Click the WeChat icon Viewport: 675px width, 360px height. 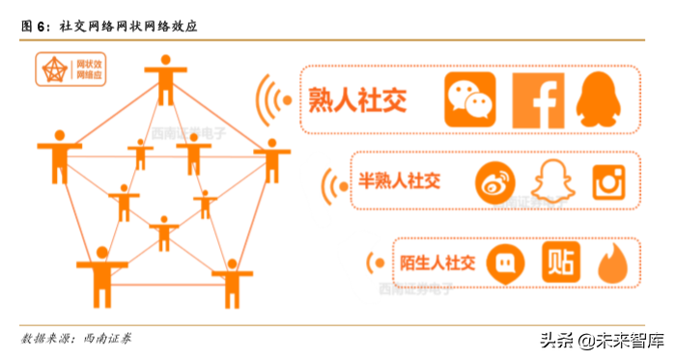coord(469,99)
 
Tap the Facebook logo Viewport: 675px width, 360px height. coord(537,99)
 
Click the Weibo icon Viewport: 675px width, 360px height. coord(494,181)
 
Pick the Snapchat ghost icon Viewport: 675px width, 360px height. coord(551,181)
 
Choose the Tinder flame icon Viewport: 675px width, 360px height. coord(612,263)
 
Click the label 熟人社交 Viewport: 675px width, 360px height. coord(357,98)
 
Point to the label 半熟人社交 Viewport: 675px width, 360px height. coord(399,180)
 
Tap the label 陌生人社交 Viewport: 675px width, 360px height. coord(437,263)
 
